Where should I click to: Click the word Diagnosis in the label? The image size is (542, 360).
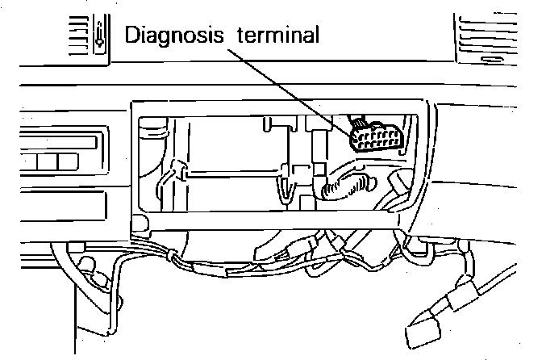pyautogui.click(x=170, y=36)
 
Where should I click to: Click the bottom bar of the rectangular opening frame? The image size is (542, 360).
pyautogui.click(x=274, y=216)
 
